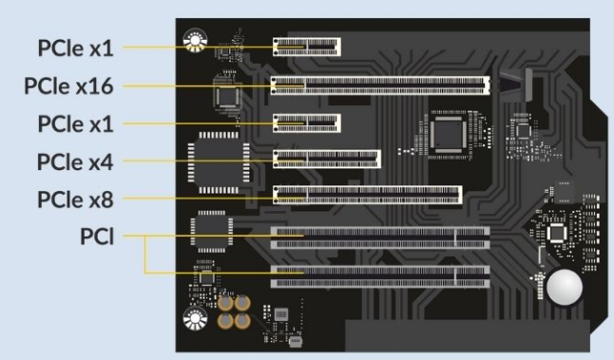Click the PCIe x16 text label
(x=68, y=86)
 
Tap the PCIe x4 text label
(x=75, y=161)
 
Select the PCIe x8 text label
(x=75, y=199)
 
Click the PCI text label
(x=97, y=237)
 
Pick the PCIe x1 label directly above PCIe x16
(x=76, y=48)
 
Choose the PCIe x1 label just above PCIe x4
(x=76, y=124)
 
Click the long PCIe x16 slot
(x=380, y=85)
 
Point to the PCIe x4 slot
(x=327, y=160)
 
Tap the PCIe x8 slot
(x=367, y=195)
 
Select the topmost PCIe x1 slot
(x=307, y=47)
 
